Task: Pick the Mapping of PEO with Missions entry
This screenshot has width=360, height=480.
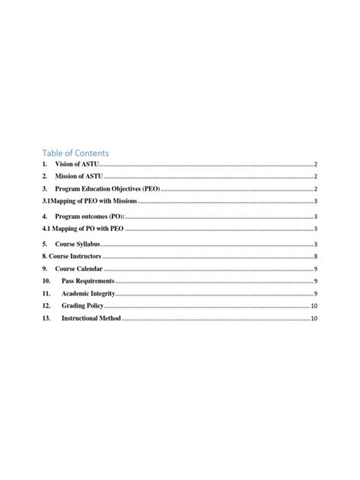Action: [93, 201]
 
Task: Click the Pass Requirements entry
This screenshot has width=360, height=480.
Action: [88, 282]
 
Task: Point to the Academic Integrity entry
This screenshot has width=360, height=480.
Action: [88, 294]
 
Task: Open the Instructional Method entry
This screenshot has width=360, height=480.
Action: [91, 318]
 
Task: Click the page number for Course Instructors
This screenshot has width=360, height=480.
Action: [315, 257]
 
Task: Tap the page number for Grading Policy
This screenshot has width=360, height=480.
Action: [314, 306]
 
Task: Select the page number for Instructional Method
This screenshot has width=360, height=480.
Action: [314, 318]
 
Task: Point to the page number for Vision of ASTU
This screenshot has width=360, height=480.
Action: [315, 165]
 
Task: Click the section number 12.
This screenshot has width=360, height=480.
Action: [46, 306]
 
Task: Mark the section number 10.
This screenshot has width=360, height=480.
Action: [46, 282]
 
